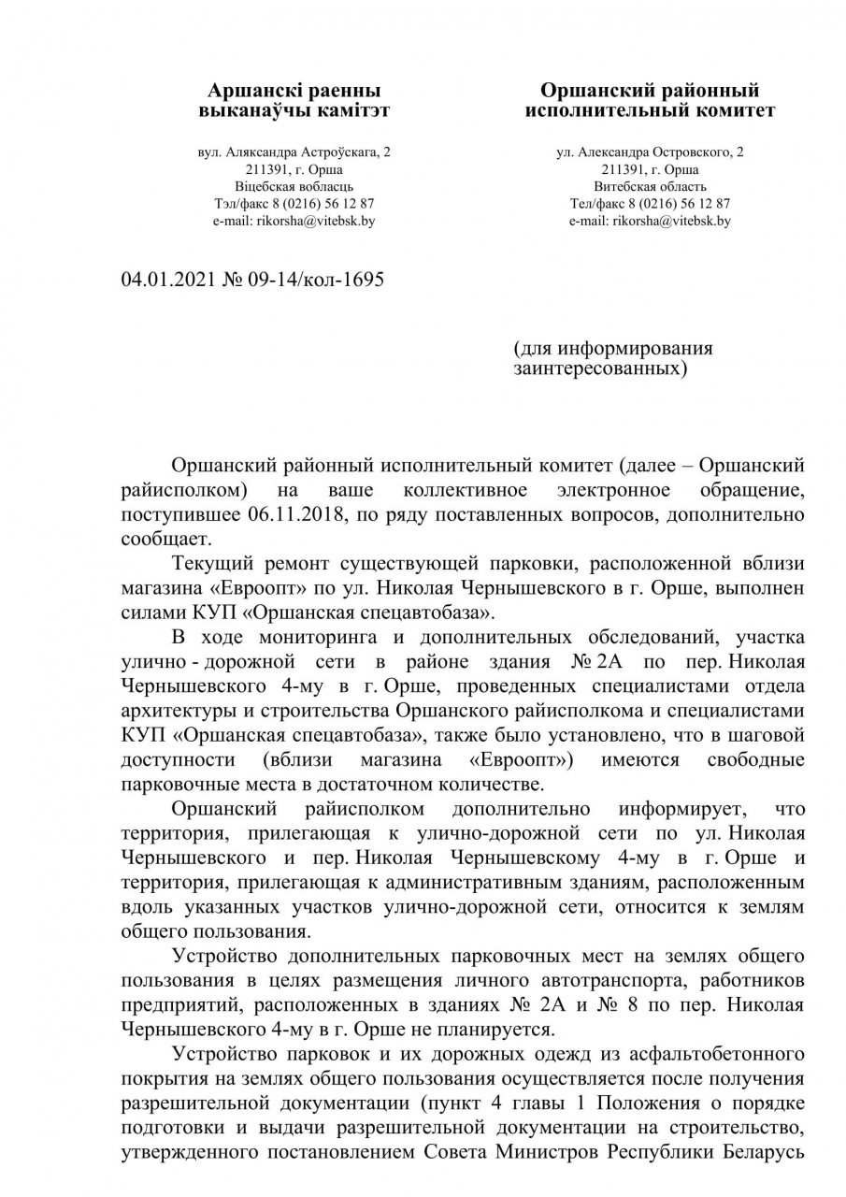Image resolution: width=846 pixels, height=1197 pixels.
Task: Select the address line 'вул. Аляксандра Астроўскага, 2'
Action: [x=294, y=151]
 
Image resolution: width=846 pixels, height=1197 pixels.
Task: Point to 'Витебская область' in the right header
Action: [x=650, y=186]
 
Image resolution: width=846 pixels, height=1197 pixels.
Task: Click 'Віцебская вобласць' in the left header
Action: [x=294, y=186]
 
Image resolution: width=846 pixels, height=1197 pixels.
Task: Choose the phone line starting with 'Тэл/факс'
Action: [x=294, y=203]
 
